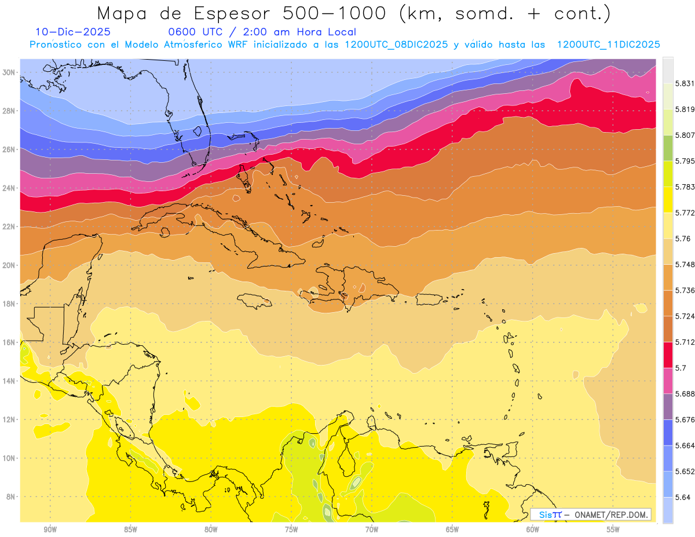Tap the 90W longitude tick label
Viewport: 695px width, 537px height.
click(50, 529)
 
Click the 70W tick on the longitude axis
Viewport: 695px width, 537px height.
click(371, 529)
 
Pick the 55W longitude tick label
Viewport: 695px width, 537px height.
click(613, 529)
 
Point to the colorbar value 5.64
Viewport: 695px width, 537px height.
click(678, 497)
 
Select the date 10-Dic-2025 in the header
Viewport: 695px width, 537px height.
click(73, 32)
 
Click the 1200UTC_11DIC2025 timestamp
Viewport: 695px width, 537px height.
click(608, 45)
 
